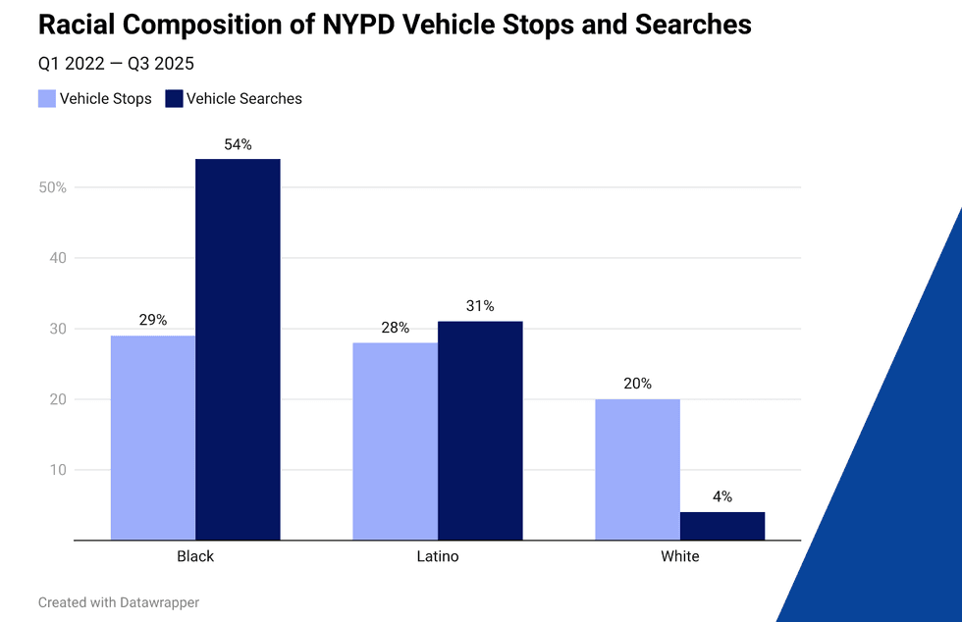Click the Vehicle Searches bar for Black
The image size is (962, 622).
click(x=238, y=349)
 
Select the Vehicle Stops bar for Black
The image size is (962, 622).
click(x=153, y=438)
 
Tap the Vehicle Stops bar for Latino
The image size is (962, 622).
click(x=396, y=441)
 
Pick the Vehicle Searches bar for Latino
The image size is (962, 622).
click(x=480, y=431)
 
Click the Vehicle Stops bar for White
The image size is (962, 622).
click(x=637, y=469)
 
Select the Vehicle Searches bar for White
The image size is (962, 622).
click(x=721, y=526)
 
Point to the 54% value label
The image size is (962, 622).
click(x=238, y=144)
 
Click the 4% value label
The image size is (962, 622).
click(x=721, y=496)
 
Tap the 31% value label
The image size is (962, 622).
click(x=480, y=306)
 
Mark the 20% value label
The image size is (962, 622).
click(x=637, y=384)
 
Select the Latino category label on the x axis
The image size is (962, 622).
click(x=438, y=556)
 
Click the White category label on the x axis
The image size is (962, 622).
click(x=679, y=556)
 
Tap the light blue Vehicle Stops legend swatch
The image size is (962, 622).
click(x=47, y=98)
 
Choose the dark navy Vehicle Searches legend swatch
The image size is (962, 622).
click(x=174, y=98)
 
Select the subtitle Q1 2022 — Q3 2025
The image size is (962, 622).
click(x=116, y=64)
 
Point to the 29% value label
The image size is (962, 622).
click(x=153, y=320)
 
